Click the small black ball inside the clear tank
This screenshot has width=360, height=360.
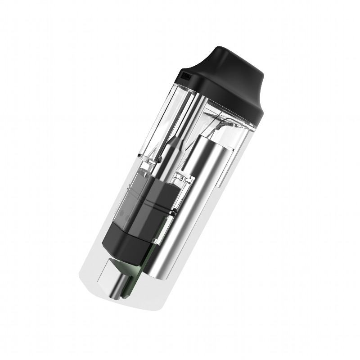tap(159, 160)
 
